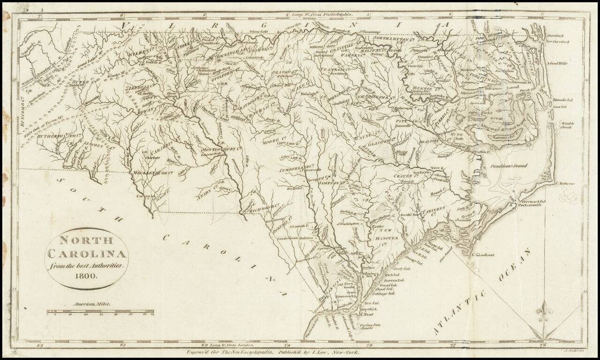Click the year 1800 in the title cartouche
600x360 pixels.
click(x=87, y=275)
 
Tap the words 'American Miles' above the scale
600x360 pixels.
click(x=91, y=304)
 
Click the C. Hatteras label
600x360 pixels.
click(x=565, y=184)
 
